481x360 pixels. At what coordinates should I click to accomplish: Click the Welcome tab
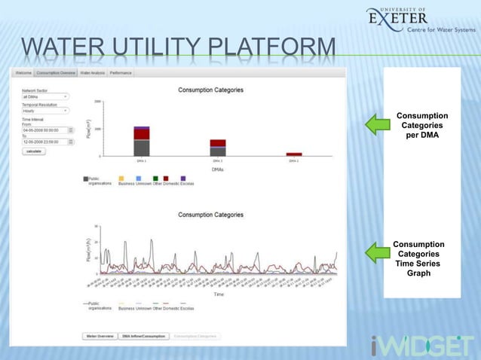tap(23, 73)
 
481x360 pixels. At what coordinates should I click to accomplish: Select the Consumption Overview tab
tap(57, 73)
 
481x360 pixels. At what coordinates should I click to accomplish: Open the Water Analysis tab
tap(93, 73)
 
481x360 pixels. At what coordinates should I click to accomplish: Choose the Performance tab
tap(121, 73)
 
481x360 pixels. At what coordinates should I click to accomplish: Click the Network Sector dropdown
tap(44, 96)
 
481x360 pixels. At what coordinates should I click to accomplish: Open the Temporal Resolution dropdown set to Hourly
tap(44, 110)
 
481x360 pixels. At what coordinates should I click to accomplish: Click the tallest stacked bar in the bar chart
tap(141, 142)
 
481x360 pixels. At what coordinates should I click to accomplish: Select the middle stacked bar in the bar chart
tap(217, 148)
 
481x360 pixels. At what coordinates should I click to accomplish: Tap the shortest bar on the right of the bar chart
tap(293, 154)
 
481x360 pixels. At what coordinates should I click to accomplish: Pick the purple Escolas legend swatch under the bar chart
tap(184, 178)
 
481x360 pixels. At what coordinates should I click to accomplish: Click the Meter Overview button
tap(100, 336)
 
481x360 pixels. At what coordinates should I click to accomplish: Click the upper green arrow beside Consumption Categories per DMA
tap(376, 124)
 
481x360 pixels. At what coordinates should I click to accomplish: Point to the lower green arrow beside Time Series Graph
tap(376, 253)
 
